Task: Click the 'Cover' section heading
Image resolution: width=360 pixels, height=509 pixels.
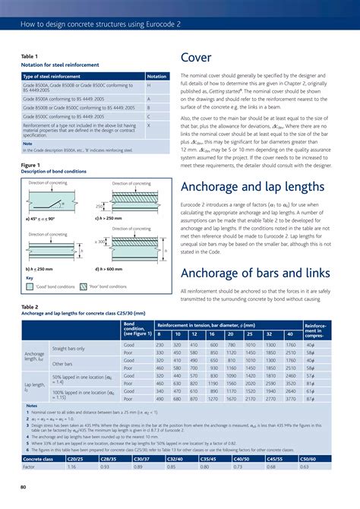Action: point(197,58)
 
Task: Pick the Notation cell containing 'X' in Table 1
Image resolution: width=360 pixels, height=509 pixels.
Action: point(149,125)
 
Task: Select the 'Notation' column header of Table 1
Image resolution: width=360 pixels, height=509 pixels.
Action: point(156,76)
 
